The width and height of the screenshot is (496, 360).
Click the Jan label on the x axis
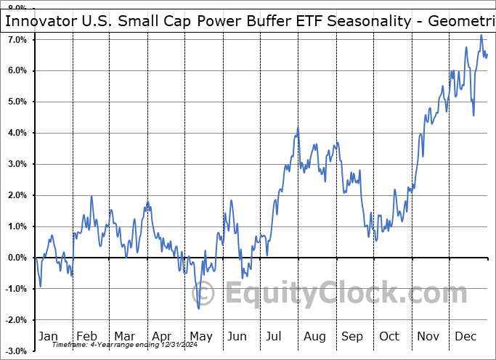coord(48,336)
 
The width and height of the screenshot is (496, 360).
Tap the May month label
coord(201,336)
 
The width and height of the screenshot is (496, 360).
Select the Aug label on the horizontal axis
coord(314,336)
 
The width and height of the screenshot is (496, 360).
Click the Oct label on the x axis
coord(389,336)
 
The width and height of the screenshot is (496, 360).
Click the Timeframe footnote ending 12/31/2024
coord(116,345)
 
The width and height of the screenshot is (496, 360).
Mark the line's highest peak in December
coord(480,35)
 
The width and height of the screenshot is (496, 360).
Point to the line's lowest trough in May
coord(199,308)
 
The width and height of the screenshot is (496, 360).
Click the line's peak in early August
coord(298,128)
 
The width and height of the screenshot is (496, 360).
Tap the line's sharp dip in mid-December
coord(473,115)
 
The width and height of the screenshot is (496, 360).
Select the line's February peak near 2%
coord(92,196)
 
